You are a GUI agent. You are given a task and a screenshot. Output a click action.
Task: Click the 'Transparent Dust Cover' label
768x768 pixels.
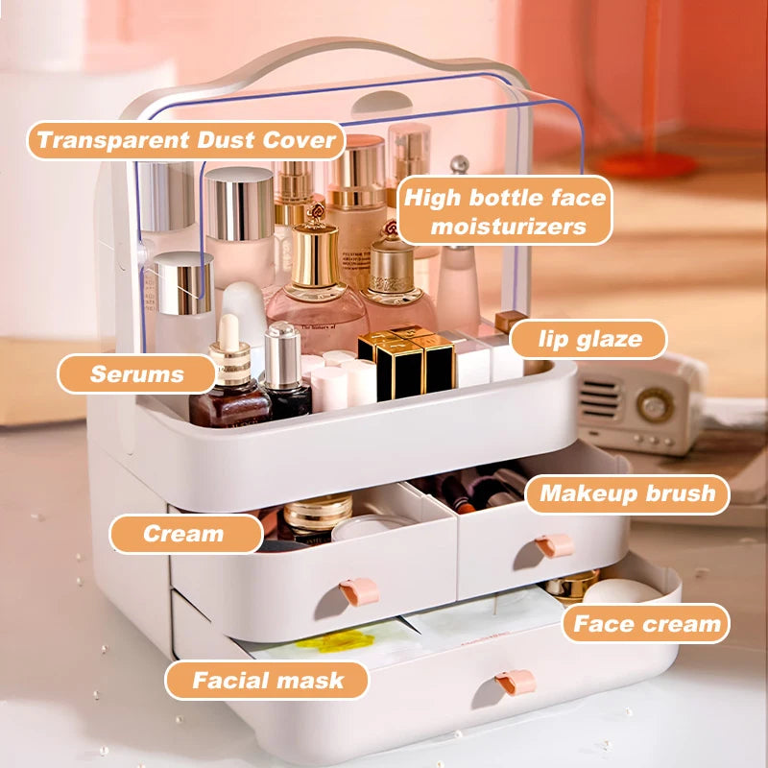186,140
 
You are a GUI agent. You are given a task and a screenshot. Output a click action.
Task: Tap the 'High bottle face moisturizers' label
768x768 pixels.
505,210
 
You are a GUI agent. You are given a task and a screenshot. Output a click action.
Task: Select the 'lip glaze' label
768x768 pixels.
588,339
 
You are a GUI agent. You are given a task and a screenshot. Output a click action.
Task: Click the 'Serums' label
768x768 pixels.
136,373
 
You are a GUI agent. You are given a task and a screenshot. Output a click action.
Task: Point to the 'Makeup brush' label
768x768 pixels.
628,493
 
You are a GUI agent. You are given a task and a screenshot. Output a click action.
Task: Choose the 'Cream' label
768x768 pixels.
185,534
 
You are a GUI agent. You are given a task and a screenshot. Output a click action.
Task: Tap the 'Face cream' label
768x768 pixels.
646,623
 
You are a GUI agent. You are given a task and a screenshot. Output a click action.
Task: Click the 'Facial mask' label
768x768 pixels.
267,681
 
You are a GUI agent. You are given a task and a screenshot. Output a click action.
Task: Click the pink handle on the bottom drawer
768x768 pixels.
516,682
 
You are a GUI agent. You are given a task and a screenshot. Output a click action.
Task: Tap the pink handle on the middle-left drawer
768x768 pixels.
359,591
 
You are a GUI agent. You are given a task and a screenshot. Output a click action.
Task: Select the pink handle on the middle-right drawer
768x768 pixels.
555,545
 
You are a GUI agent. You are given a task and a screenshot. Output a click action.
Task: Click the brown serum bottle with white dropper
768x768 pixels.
229,377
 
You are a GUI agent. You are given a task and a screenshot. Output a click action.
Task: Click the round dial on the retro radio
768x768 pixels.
655,405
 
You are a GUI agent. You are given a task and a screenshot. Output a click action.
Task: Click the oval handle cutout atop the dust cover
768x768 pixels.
382,102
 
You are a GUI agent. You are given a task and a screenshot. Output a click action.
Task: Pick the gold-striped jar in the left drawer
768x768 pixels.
318,516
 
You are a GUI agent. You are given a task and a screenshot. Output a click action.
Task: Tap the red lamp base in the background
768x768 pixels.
645,163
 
